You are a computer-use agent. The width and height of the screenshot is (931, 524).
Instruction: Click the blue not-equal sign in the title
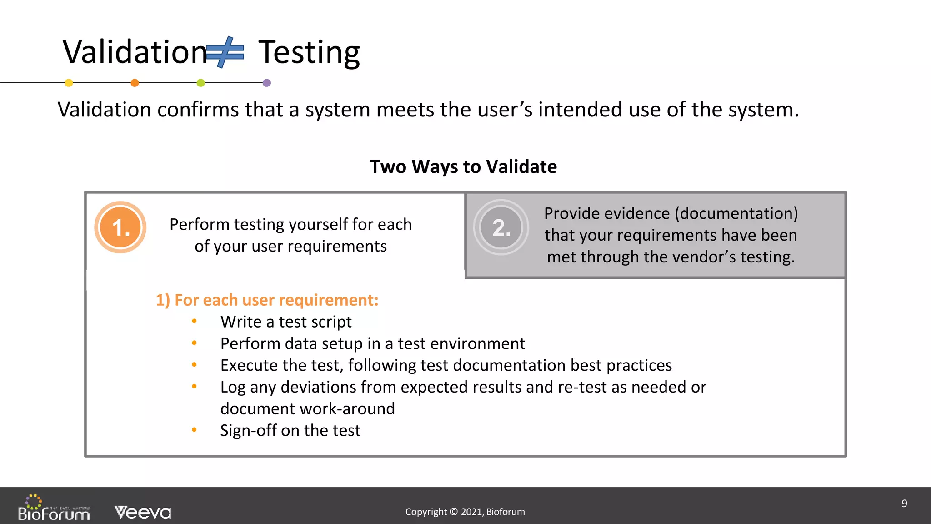(x=225, y=52)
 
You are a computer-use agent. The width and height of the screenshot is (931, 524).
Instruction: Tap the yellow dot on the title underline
(x=69, y=83)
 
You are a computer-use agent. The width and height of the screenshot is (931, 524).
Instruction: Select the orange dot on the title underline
(x=135, y=83)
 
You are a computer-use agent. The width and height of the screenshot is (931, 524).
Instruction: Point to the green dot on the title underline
(x=200, y=83)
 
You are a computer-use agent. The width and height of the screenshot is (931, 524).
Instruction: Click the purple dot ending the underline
(x=267, y=83)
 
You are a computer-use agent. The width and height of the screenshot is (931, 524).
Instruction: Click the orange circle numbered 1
(x=120, y=227)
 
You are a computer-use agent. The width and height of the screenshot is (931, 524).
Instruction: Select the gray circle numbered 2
(x=501, y=227)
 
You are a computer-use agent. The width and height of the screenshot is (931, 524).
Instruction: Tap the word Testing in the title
(x=309, y=53)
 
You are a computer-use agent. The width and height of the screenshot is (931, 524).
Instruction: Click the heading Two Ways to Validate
(x=463, y=166)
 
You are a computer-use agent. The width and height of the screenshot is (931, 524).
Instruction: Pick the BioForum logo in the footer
(x=54, y=508)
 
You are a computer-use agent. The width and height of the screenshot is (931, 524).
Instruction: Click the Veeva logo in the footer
(x=143, y=512)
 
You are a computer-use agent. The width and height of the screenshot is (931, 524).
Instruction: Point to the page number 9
(x=904, y=504)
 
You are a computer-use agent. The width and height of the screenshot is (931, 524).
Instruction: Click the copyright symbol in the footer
(x=453, y=512)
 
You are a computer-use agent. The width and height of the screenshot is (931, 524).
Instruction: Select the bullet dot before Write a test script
(x=194, y=322)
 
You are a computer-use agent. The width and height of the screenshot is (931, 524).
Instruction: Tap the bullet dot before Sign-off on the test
(x=194, y=430)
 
